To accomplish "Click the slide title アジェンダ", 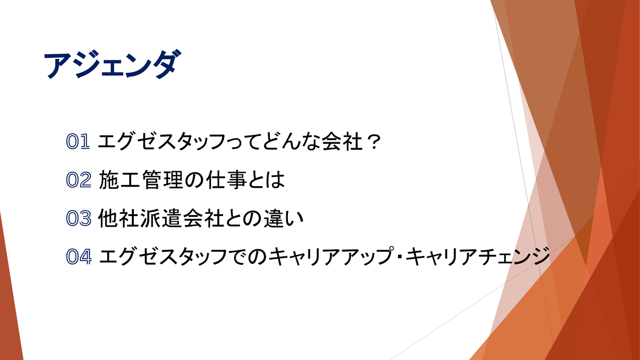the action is click(x=112, y=64).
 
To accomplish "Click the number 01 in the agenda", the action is click(x=78, y=141).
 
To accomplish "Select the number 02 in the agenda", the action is click(x=79, y=180).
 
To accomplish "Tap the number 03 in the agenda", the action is click(x=79, y=218).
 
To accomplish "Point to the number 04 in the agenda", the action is click(x=79, y=256).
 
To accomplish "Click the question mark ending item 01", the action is click(x=373, y=142).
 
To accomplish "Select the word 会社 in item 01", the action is click(x=342, y=142).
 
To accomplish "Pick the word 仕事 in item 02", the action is click(x=226, y=180).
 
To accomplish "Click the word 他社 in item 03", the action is click(x=119, y=218).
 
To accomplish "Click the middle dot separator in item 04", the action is click(x=400, y=256).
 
